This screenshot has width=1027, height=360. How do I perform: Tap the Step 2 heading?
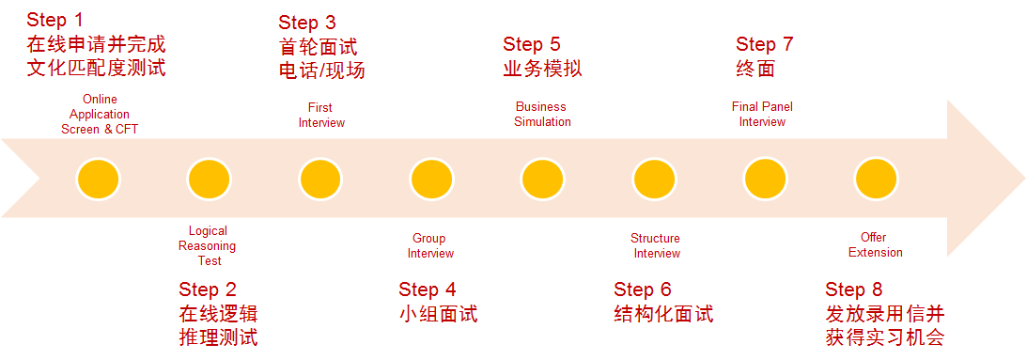tap(208, 290)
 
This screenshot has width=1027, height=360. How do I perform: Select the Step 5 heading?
tap(532, 44)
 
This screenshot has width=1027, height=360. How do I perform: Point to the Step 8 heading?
tap(854, 290)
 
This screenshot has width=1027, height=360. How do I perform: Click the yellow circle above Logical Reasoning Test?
tap(209, 179)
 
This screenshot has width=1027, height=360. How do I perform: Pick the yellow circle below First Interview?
tap(320, 179)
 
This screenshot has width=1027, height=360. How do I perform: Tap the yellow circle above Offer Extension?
tap(876, 179)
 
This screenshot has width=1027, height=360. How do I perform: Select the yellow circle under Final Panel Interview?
tap(764, 179)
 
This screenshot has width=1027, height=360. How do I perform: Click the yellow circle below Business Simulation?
tap(542, 179)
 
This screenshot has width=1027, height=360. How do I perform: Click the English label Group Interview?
tap(429, 246)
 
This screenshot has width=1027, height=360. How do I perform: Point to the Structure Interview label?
tap(656, 246)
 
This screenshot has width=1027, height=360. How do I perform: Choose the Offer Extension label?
tap(875, 244)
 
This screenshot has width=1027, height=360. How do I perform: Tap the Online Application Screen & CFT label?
tap(99, 114)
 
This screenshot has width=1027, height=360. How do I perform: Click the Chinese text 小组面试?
tap(438, 314)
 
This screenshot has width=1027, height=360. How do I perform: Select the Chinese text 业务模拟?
tap(542, 69)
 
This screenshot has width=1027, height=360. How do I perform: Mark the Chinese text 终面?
tap(755, 69)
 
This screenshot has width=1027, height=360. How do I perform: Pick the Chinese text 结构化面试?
tap(663, 314)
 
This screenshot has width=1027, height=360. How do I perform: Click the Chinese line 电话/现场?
tap(321, 70)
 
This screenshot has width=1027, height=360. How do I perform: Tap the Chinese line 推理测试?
tap(218, 337)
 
